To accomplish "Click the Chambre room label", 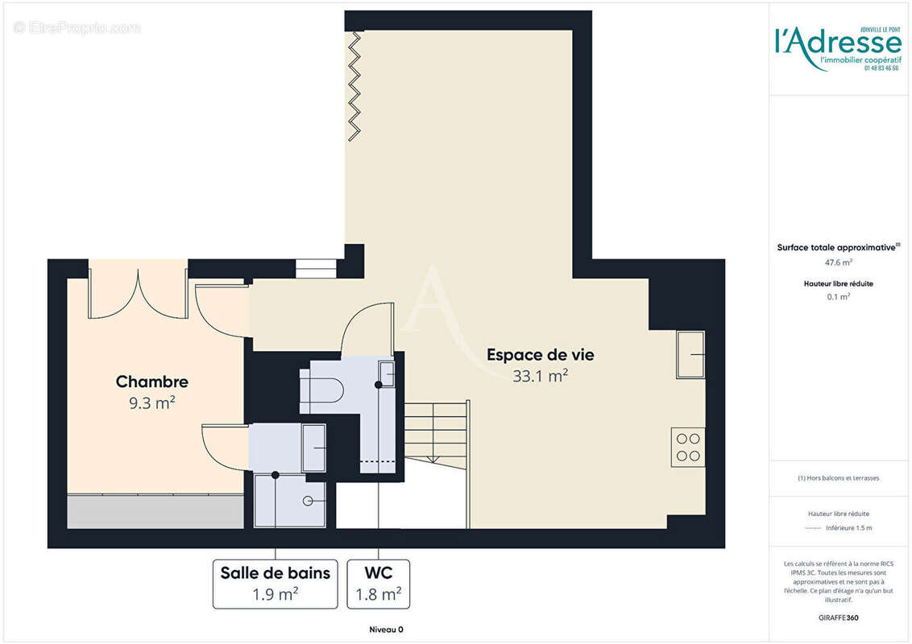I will click(x=151, y=382).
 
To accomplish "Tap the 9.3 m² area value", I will click(x=151, y=403).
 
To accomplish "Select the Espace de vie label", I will click(x=540, y=354).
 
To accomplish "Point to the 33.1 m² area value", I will click(x=540, y=376).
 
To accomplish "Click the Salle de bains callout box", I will click(x=276, y=584).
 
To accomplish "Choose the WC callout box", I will click(x=378, y=584).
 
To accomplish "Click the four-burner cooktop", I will click(x=688, y=447).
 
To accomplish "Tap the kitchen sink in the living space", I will click(x=690, y=354).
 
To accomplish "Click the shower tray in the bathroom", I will click(x=290, y=501).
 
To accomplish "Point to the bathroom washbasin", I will click(x=313, y=448).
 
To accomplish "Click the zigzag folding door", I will click(x=353, y=85).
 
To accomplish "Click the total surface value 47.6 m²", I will click(x=838, y=262).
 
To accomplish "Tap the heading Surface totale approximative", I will click(x=837, y=248).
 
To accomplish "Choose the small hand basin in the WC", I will click(x=387, y=374).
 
